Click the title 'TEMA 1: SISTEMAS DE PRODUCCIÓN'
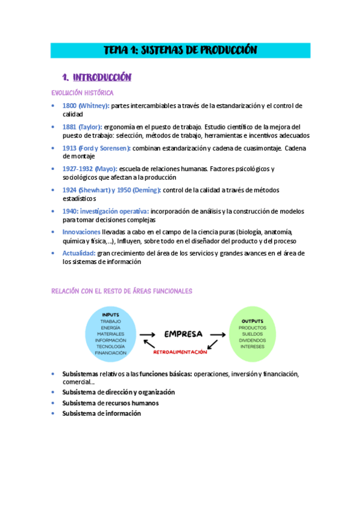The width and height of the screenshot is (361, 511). pyautogui.click(x=180, y=50)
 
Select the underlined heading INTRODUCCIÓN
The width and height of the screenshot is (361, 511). pyautogui.click(x=102, y=77)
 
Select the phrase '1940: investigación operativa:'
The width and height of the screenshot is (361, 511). pyautogui.click(x=105, y=212)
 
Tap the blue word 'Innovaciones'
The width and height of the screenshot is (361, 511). pyautogui.click(x=81, y=232)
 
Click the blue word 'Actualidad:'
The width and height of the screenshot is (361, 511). pyautogui.click(x=79, y=253)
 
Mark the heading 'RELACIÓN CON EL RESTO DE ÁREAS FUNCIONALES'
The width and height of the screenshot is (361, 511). pyautogui.click(x=122, y=291)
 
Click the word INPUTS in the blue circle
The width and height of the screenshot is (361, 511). pyautogui.click(x=110, y=315)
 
